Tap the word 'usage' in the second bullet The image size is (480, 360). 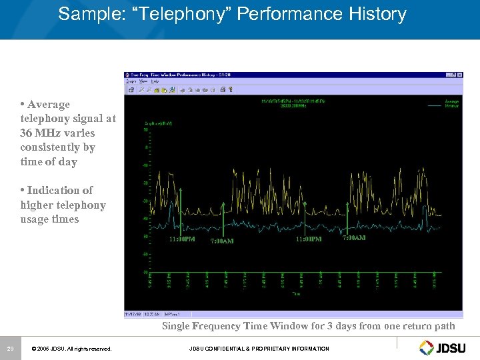(35, 219)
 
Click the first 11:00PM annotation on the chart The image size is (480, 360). (182, 239)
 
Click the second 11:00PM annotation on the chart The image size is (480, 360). (309, 239)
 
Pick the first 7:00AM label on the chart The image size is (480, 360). (222, 241)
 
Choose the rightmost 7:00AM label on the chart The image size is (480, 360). (354, 238)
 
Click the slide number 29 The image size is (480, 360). (10, 349)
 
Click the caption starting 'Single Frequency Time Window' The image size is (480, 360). (308, 326)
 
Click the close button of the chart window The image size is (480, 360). (459, 75)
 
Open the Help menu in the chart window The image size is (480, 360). (155, 81)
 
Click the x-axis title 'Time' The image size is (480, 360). (296, 293)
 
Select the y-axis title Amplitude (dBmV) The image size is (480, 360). (158, 123)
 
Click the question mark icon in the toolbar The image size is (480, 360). (231, 89)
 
